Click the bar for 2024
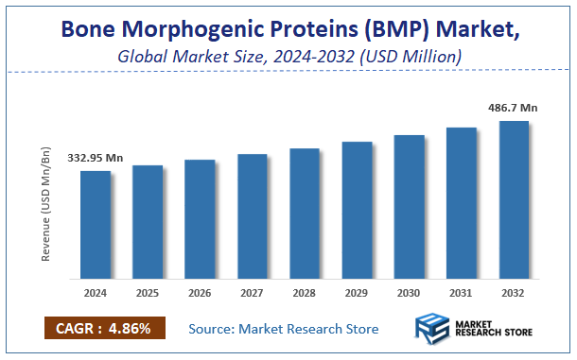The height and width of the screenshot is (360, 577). tap(95, 225)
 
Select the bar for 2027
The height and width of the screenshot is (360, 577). tap(253, 216)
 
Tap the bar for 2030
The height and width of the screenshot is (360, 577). tap(410, 207)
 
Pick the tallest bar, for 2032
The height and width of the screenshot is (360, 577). tap(514, 199)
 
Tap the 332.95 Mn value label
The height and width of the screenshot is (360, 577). tap(96, 157)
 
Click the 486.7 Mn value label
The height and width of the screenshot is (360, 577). tap(514, 109)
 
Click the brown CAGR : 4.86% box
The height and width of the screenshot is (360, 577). tap(105, 329)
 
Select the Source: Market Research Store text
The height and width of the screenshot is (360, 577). tap(284, 329)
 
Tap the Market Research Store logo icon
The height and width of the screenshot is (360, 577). tap(434, 331)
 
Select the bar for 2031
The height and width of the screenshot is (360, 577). tap(462, 203)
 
